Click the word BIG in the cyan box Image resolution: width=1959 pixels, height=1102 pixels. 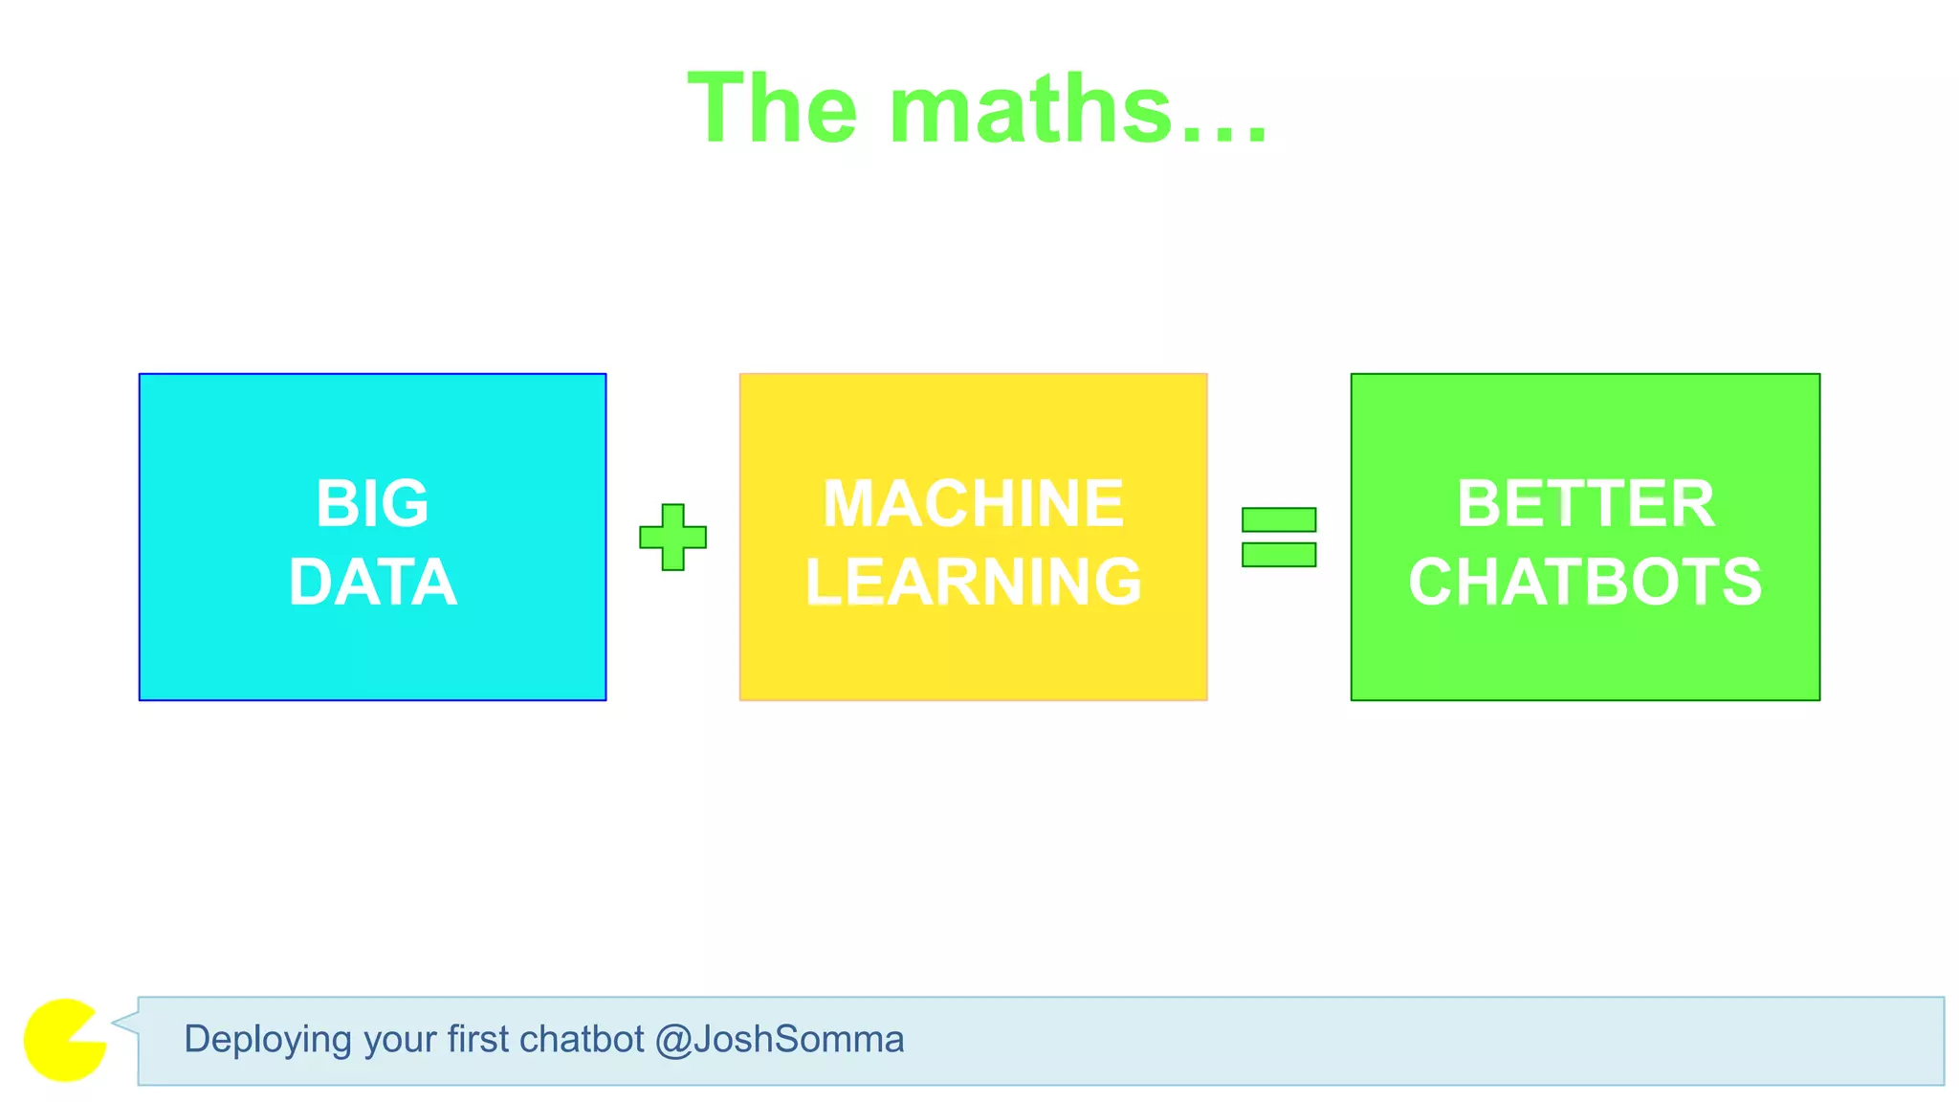point(372,503)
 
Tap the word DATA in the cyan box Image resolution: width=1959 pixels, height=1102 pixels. point(372,582)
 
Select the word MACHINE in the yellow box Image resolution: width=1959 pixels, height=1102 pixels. point(973,503)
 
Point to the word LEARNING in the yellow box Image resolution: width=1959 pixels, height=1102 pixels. point(973,582)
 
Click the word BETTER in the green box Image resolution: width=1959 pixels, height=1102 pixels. point(1585,503)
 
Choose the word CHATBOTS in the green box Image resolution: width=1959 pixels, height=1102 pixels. point(1585,582)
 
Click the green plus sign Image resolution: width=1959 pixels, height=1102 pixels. point(672,538)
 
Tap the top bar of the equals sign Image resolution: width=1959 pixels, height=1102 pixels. point(1278,519)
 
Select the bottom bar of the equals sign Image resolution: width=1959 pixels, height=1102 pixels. point(1278,555)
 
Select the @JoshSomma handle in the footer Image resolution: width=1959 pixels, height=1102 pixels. point(780,1040)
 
